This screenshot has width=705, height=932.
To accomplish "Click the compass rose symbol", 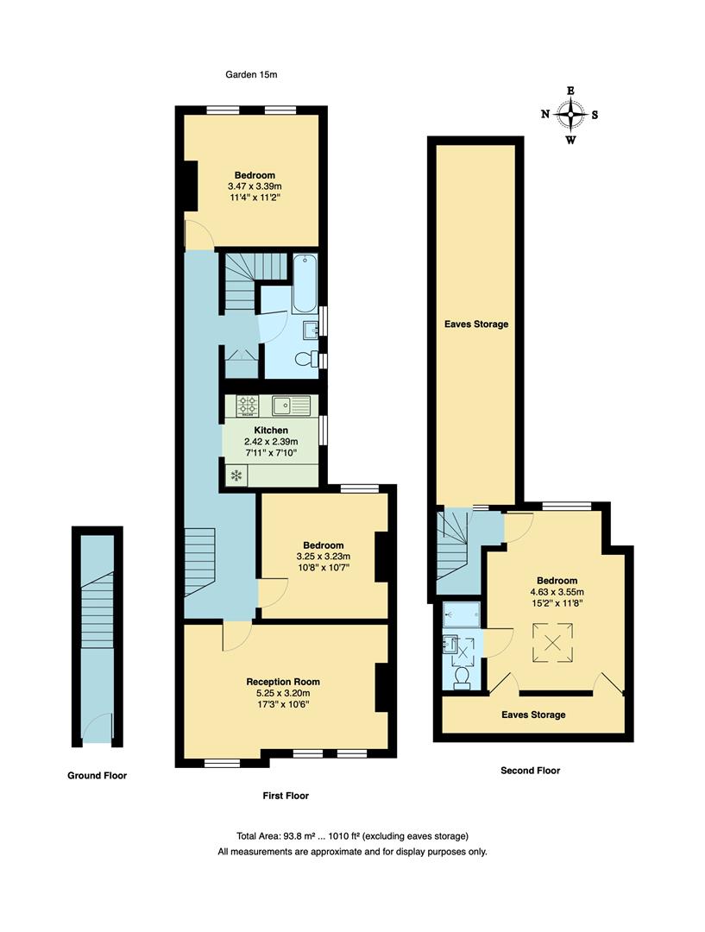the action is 570,115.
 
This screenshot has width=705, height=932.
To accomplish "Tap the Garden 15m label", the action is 251,75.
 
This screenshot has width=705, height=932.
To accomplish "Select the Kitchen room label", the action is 271,430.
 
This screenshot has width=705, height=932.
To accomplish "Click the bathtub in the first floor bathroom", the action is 305,281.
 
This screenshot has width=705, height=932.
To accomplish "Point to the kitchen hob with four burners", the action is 248,406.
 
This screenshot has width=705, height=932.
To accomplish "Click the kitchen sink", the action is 291,406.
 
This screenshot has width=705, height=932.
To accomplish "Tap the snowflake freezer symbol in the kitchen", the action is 236,475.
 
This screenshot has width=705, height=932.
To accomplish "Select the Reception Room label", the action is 283,682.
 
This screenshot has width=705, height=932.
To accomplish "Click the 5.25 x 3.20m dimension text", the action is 283,693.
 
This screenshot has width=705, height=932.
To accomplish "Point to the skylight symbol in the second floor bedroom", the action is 553,642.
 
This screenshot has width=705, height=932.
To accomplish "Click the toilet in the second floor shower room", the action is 462,678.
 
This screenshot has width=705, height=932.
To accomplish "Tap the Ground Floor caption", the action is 97,775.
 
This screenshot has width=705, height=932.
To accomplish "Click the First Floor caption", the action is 286,796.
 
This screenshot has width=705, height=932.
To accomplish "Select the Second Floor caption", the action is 530,771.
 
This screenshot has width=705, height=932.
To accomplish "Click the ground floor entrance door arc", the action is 97,727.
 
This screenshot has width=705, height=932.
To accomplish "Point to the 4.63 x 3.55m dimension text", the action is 557,592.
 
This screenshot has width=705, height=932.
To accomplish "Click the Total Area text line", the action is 352,835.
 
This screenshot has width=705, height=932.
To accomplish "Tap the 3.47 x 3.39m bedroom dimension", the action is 255,186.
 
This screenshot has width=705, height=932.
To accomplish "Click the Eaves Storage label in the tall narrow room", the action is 476,324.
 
